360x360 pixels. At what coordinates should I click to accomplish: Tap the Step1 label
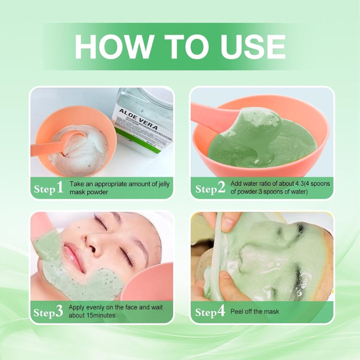(x=48, y=188)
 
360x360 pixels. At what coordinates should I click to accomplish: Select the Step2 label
(x=210, y=188)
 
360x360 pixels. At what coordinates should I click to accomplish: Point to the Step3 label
(x=48, y=312)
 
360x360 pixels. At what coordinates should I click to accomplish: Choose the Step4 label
(x=210, y=312)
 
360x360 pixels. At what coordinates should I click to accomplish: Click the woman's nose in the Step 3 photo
(x=91, y=241)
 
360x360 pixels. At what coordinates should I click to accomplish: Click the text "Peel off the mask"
(x=255, y=312)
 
